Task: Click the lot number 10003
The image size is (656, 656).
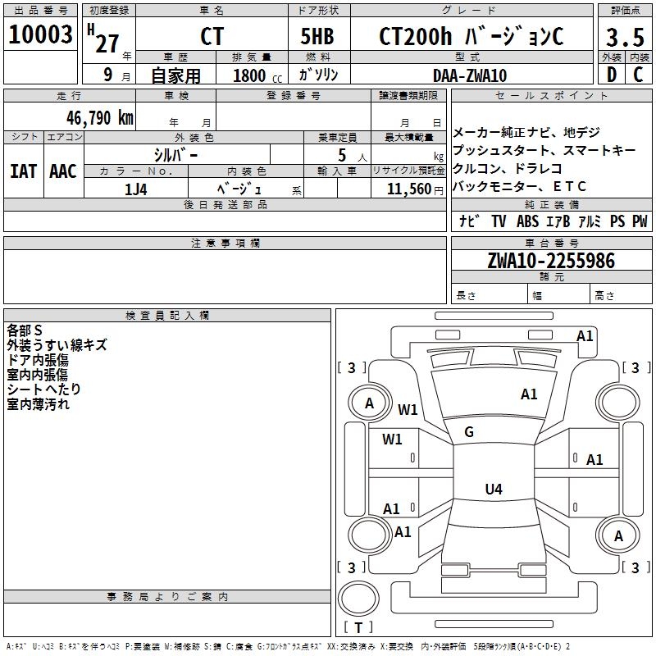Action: pyautogui.click(x=40, y=34)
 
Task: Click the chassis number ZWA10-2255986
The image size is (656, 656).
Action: pyautogui.click(x=550, y=261)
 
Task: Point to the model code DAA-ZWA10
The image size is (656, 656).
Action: pyautogui.click(x=470, y=75)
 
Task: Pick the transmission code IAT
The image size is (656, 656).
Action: pyautogui.click(x=23, y=171)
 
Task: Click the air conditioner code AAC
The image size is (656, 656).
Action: pyautogui.click(x=62, y=171)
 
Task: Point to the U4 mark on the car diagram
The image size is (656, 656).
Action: pyautogui.click(x=493, y=490)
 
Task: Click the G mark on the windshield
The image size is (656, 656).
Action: pyautogui.click(x=469, y=431)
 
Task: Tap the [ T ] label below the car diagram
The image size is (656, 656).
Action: pyautogui.click(x=359, y=627)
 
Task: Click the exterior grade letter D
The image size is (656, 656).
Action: pyautogui.click(x=611, y=75)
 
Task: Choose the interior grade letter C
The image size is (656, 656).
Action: pyautogui.click(x=638, y=75)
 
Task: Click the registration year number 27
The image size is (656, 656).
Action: pyautogui.click(x=107, y=42)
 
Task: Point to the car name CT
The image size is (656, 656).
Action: pyautogui.click(x=212, y=37)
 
